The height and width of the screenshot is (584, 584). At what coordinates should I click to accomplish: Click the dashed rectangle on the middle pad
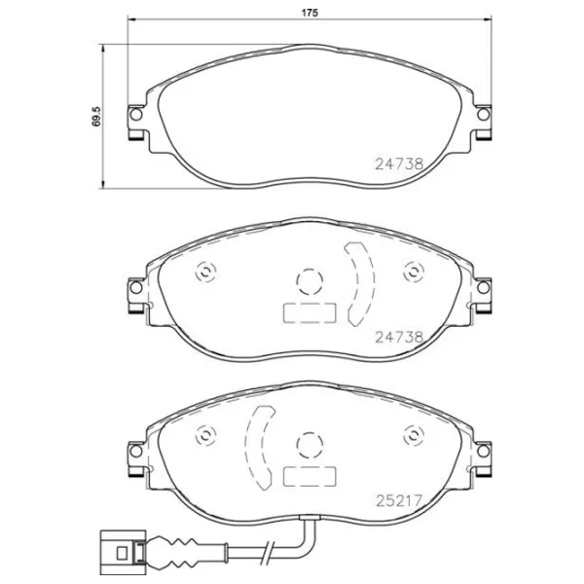[x=308, y=313]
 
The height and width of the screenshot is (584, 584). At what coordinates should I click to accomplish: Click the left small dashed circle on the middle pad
[x=205, y=274]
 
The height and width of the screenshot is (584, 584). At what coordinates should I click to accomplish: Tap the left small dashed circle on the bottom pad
[x=205, y=436]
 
